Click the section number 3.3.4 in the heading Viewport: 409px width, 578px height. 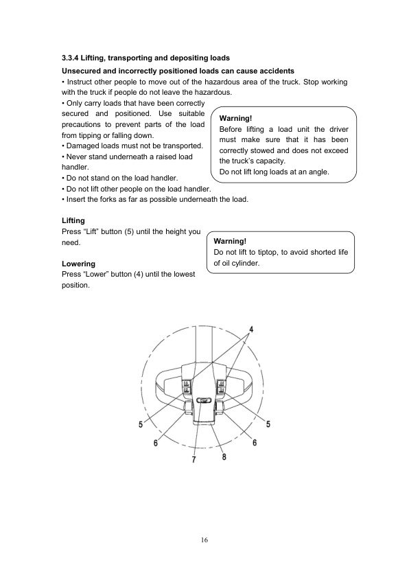[x=70, y=56]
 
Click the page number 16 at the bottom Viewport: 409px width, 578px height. [x=204, y=540]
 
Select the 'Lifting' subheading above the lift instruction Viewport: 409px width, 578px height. [x=73, y=220]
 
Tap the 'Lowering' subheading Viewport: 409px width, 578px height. [x=78, y=263]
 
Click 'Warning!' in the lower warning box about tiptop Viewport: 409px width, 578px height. [x=230, y=241]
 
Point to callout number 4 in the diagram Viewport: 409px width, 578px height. [x=251, y=329]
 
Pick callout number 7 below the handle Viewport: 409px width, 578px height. [x=194, y=460]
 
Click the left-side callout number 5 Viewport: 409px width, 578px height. [x=141, y=424]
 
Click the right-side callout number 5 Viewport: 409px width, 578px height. [x=268, y=424]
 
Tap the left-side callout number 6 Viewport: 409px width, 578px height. [x=155, y=443]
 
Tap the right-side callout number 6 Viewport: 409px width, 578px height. [x=255, y=443]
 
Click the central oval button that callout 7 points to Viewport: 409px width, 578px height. [x=204, y=401]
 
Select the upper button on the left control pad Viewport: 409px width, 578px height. [x=186, y=384]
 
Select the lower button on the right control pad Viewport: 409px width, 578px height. [x=222, y=392]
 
